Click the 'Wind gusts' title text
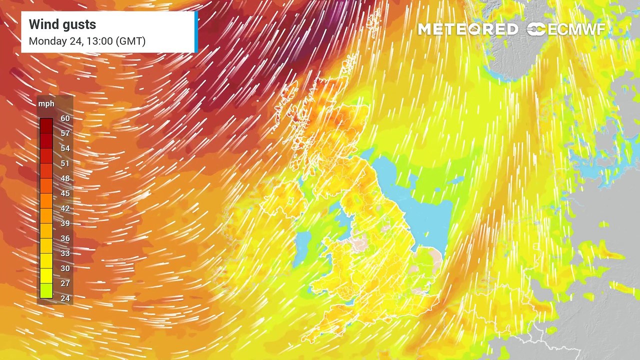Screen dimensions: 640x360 pyautogui.click(x=62, y=24)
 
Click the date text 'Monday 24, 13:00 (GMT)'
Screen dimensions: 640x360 pyautogui.click(x=87, y=41)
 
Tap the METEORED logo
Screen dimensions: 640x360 pyautogui.click(x=468, y=29)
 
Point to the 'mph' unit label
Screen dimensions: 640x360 pyautogui.click(x=46, y=103)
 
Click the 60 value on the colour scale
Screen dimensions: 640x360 pyautogui.click(x=65, y=118)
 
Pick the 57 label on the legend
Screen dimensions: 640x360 pyautogui.click(x=65, y=133)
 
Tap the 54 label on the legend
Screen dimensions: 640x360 pyautogui.click(x=65, y=148)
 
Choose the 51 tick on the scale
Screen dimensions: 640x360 pyautogui.click(x=65, y=163)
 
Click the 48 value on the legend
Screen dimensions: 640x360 pyautogui.click(x=65, y=178)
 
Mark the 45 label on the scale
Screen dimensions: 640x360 pyautogui.click(x=65, y=193)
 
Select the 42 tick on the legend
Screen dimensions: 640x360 pyautogui.click(x=65, y=208)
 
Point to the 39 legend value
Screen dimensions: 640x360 pyautogui.click(x=65, y=223)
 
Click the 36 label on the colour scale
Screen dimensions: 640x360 pyautogui.click(x=65, y=238)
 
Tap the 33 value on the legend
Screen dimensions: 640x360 pyautogui.click(x=65, y=253)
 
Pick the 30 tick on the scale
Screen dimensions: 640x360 pyautogui.click(x=65, y=268)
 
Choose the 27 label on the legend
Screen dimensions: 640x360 pyautogui.click(x=65, y=283)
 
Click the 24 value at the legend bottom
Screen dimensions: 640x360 pyautogui.click(x=65, y=298)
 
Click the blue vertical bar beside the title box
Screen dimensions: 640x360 pyautogui.click(x=196, y=32)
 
